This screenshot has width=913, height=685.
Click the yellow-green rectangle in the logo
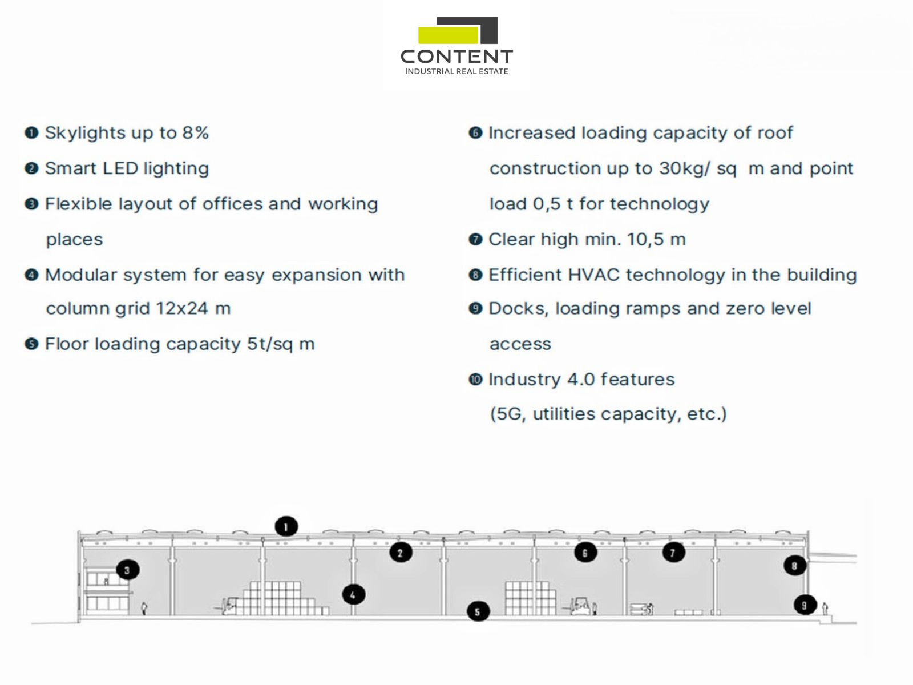(x=448, y=35)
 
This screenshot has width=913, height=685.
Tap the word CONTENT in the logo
(x=457, y=57)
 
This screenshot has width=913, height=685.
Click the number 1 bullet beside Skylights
(x=31, y=133)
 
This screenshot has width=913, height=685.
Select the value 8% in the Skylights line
(x=195, y=133)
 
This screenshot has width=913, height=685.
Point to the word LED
(x=120, y=168)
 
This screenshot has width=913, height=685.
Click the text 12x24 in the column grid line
(x=181, y=309)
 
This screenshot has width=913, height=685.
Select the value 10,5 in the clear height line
(x=645, y=240)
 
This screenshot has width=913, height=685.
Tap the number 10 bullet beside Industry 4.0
(x=475, y=380)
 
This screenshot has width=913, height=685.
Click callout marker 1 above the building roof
(x=286, y=526)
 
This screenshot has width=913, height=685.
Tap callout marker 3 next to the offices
(x=127, y=570)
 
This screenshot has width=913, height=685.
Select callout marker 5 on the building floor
(x=478, y=612)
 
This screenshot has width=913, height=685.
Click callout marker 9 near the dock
(x=805, y=605)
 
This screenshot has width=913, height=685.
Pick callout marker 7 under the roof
(x=673, y=553)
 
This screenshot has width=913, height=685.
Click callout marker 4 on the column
(x=353, y=595)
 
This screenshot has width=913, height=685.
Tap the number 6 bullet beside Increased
(x=475, y=133)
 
